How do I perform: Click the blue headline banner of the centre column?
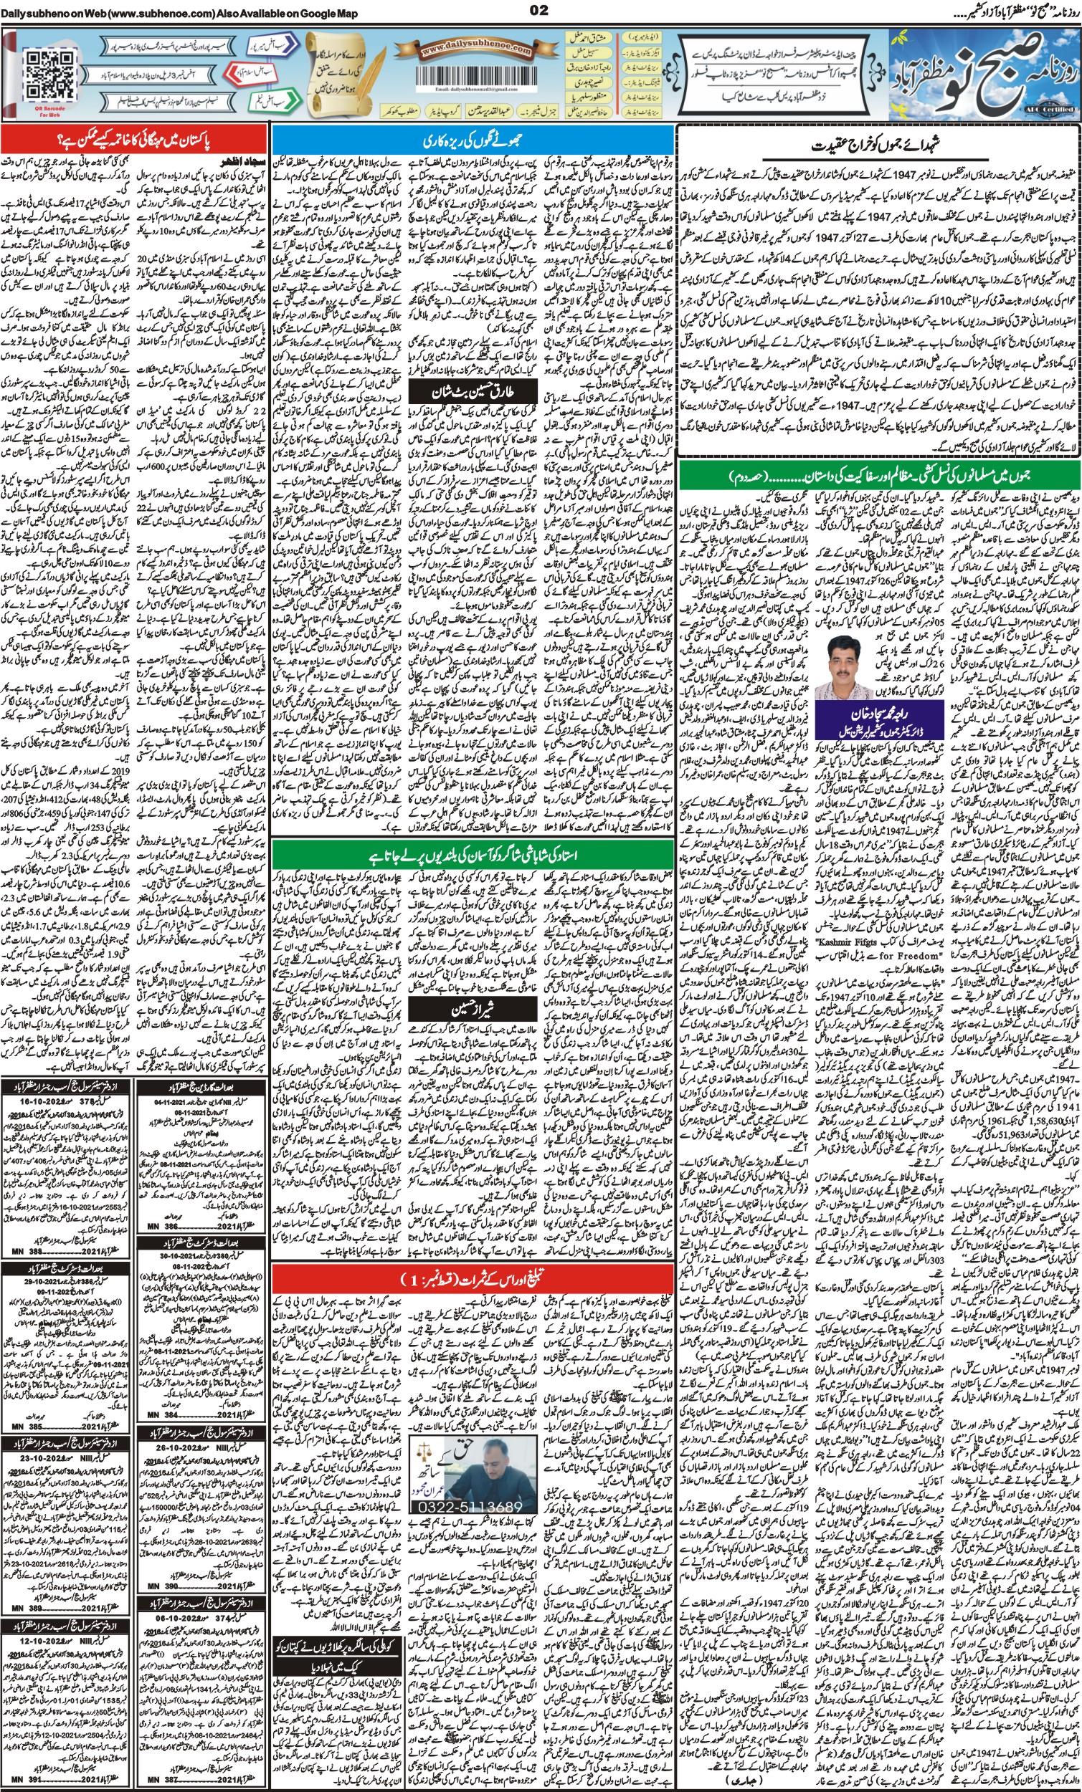click(x=473, y=140)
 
